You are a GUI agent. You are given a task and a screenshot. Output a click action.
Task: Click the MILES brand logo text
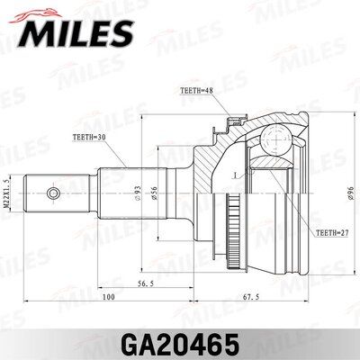click(76, 32)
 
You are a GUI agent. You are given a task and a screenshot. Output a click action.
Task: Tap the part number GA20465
click(180, 345)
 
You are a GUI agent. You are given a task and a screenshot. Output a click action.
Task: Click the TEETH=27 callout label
click(332, 233)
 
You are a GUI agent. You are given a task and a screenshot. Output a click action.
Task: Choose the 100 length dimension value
click(108, 297)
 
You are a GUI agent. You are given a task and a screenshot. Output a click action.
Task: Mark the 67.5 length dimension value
click(251, 297)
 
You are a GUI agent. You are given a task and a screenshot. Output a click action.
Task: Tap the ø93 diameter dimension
click(138, 193)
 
